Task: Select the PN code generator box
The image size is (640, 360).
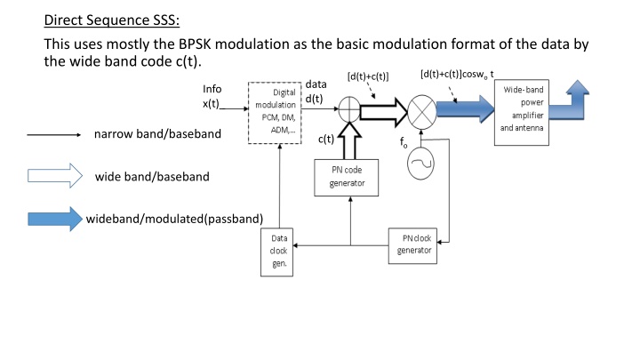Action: click(x=350, y=177)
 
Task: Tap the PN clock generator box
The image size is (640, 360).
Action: click(x=413, y=244)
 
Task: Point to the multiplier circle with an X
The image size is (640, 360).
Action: click(x=420, y=113)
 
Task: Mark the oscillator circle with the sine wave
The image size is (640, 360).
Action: click(x=420, y=163)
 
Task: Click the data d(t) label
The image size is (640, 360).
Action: click(x=316, y=92)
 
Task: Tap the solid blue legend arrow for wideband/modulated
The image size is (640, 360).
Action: click(x=54, y=219)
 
